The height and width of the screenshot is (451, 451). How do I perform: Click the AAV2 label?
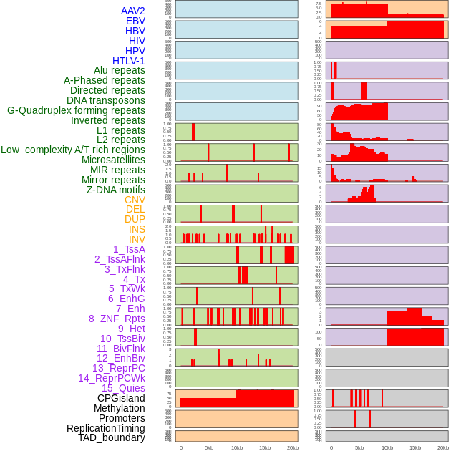(133, 11)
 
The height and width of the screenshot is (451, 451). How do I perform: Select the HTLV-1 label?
(129, 61)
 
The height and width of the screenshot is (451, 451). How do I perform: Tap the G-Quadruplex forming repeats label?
(76, 110)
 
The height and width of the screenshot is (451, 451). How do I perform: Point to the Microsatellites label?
(113, 160)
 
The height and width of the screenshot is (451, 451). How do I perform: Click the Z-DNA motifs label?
(116, 190)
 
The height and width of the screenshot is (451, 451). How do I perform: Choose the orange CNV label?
(135, 200)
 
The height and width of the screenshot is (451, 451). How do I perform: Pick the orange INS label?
(137, 229)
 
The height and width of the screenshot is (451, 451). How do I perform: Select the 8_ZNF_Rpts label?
(117, 319)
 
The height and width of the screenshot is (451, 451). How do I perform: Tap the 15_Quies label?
(122, 388)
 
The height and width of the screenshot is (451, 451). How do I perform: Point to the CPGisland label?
(121, 398)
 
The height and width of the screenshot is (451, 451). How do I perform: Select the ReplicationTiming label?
(106, 428)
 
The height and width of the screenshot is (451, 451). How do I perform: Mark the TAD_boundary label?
(112, 437)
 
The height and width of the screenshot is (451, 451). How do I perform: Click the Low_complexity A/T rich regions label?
(73, 150)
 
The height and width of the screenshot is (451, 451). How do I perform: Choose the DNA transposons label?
(106, 100)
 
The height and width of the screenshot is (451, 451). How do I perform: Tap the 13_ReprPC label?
(118, 368)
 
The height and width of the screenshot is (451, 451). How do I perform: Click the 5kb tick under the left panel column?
(209, 447)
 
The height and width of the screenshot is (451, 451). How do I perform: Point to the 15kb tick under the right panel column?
(414, 447)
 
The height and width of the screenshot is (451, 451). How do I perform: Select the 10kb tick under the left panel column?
(237, 447)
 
